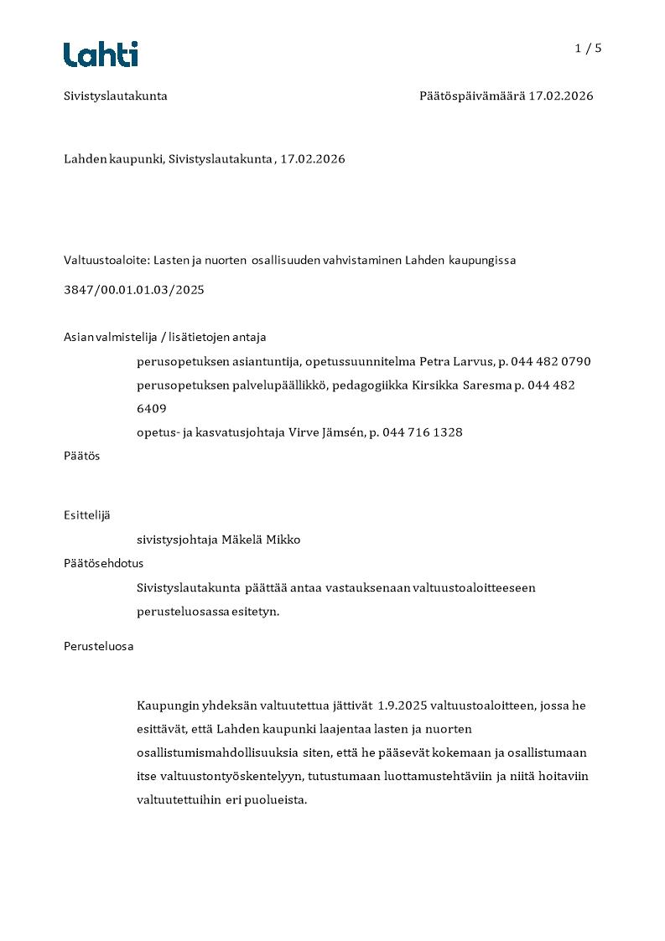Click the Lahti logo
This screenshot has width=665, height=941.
[x=101, y=54]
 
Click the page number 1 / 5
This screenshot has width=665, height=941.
[x=588, y=49]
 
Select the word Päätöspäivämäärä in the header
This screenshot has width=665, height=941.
[x=471, y=96]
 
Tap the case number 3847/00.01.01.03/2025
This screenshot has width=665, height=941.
[x=134, y=290]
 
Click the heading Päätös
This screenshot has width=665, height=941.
[x=82, y=456]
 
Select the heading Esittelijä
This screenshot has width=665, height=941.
[x=87, y=515]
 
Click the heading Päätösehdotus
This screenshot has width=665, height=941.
[x=103, y=563]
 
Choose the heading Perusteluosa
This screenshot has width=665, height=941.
[x=98, y=646]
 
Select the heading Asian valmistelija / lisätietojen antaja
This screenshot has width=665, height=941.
[x=164, y=337]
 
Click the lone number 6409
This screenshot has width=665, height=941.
[x=152, y=409]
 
